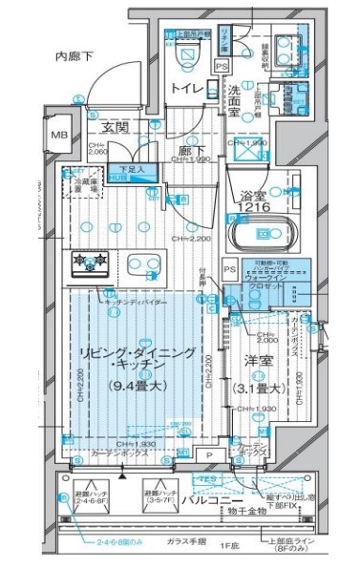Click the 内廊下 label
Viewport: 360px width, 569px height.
(73, 58)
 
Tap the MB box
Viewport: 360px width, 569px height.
(59, 137)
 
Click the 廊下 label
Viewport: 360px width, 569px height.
(184, 150)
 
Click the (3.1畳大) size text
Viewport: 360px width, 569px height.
(259, 388)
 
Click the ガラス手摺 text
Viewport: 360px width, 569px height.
(178, 540)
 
